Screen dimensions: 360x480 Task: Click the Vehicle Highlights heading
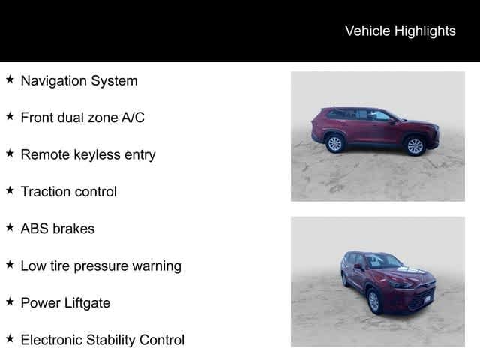400,31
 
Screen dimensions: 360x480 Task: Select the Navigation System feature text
79,80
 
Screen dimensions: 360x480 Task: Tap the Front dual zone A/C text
82,118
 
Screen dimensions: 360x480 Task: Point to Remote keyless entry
88,154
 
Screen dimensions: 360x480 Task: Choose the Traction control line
68,191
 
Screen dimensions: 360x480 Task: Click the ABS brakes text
57,229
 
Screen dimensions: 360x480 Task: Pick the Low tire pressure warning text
100,265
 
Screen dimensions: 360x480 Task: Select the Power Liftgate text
65,303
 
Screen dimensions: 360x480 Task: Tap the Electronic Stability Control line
102,340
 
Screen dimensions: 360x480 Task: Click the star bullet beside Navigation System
10,79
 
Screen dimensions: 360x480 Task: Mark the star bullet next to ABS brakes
10,228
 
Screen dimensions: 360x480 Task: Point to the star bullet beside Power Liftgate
10,302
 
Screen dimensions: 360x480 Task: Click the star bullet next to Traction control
10,190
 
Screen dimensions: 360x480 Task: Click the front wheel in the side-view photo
415,145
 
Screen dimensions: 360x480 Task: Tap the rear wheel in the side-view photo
334,143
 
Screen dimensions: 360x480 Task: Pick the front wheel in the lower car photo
373,301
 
